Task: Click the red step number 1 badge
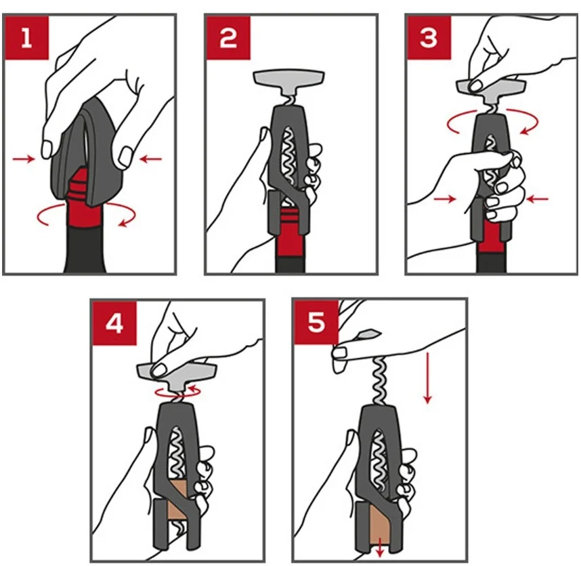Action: point(26,37)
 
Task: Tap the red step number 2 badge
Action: point(228,37)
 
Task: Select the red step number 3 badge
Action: point(429,37)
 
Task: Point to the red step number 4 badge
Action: point(114,323)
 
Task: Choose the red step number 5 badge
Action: point(316,322)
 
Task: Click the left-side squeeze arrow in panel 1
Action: point(24,159)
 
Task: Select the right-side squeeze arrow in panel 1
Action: point(151,159)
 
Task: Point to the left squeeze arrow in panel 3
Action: point(445,199)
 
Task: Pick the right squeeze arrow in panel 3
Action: point(537,199)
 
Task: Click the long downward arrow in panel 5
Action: point(428,378)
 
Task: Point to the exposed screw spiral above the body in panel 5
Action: point(380,380)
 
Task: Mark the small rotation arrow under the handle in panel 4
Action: point(178,392)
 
